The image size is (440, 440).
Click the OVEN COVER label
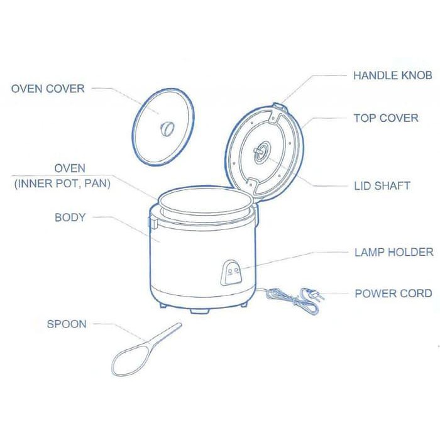pos(48,89)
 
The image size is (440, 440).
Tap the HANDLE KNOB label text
pos(392,75)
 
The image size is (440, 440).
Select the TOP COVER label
pos(385,118)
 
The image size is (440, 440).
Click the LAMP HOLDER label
pos(393,252)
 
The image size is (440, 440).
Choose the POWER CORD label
pos(393,293)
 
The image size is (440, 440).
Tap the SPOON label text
pos(67,324)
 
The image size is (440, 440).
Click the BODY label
pos(70,217)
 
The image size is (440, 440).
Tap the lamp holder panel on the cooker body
pos(233,272)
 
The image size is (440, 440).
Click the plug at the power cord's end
pos(309,293)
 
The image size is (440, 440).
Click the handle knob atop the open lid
pos(281,107)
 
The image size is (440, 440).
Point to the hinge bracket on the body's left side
pos(151,221)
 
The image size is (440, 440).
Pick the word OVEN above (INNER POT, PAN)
pos(69,169)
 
